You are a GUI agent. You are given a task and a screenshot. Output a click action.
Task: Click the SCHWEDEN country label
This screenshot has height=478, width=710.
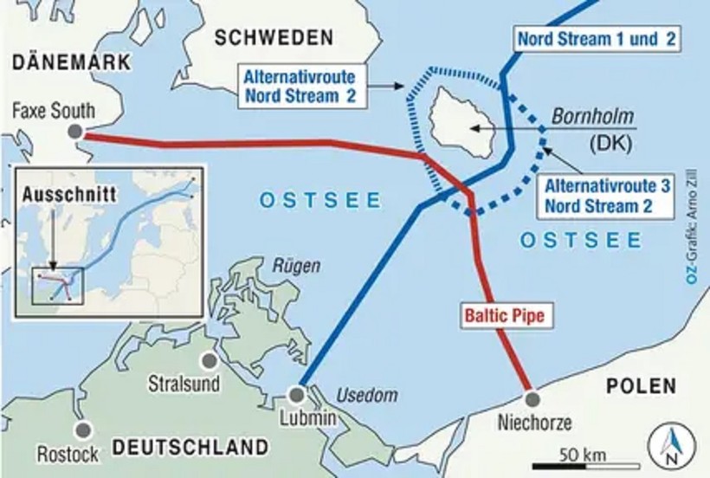[274, 37]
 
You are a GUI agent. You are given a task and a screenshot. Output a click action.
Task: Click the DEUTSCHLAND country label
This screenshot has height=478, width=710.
[190, 448]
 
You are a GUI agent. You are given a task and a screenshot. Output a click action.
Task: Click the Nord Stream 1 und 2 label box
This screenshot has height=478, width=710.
[595, 38]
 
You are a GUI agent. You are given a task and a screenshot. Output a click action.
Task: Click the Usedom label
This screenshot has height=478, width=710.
[359, 395]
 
